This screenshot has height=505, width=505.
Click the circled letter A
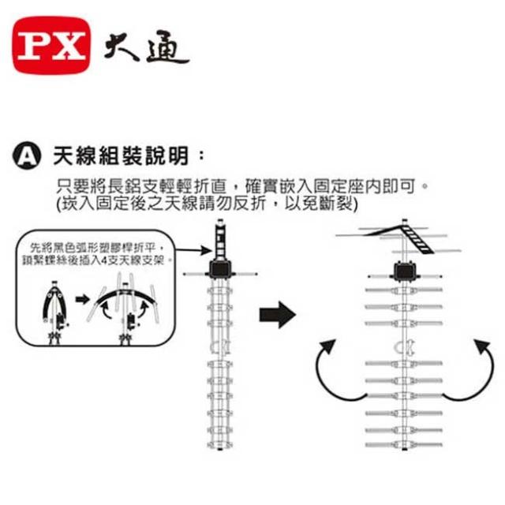click(29, 155)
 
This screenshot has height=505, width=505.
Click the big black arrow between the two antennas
click(276, 316)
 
